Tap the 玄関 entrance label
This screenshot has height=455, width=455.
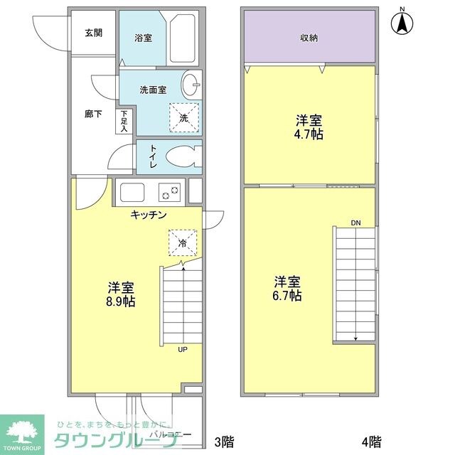pyautogui.click(x=92, y=33)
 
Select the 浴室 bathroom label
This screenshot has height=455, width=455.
pyautogui.click(x=143, y=38)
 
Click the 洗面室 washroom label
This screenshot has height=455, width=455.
pyautogui.click(x=152, y=90)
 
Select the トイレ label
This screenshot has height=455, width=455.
pyautogui.click(x=152, y=157)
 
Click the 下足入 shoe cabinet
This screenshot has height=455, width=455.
pyautogui.click(x=124, y=121)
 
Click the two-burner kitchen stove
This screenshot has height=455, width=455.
pyautogui.click(x=170, y=192)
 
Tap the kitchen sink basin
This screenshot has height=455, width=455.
pyautogui.click(x=132, y=193)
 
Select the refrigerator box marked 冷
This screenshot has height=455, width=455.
pyautogui.click(x=182, y=242)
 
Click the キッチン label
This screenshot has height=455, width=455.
pyautogui.click(x=148, y=215)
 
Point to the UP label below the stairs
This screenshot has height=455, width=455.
pyautogui.click(x=183, y=349)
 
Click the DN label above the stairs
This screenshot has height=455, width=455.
pyautogui.click(x=355, y=223)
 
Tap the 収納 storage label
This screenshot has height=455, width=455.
pyautogui.click(x=308, y=38)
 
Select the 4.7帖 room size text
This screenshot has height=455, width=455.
pyautogui.click(x=309, y=134)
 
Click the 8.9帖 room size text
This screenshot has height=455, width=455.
pyautogui.click(x=122, y=301)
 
